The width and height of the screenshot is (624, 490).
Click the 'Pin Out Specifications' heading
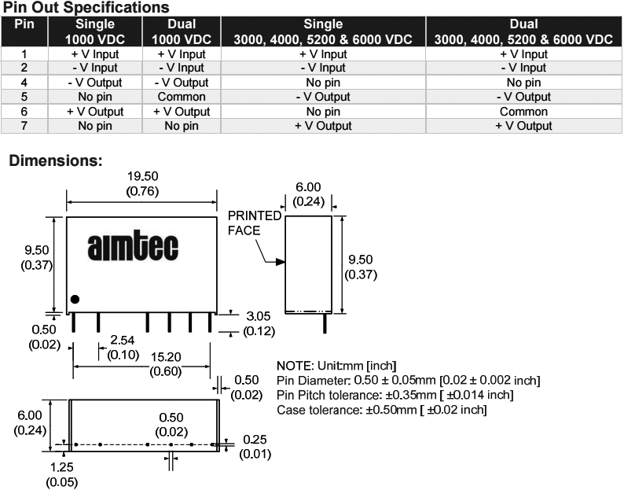click(x=86, y=7)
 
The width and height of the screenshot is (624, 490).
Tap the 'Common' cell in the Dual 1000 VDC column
click(x=181, y=97)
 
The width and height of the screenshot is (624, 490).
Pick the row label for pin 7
click(x=24, y=125)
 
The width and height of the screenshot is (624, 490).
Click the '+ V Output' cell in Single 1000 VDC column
click(x=95, y=111)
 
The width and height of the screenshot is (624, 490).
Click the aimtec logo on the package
click(x=133, y=243)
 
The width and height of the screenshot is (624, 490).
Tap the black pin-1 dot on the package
click(x=75, y=299)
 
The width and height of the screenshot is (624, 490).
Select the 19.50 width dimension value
click(x=141, y=177)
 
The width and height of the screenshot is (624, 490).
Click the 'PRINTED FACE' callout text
click(x=255, y=223)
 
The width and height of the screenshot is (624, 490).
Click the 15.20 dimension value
click(x=142, y=356)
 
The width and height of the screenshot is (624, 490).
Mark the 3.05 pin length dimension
click(x=258, y=316)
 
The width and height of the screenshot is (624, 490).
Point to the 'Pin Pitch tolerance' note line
click(x=395, y=395)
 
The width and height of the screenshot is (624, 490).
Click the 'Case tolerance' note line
click(x=382, y=410)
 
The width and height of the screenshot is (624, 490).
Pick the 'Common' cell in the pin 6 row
click(x=523, y=111)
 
